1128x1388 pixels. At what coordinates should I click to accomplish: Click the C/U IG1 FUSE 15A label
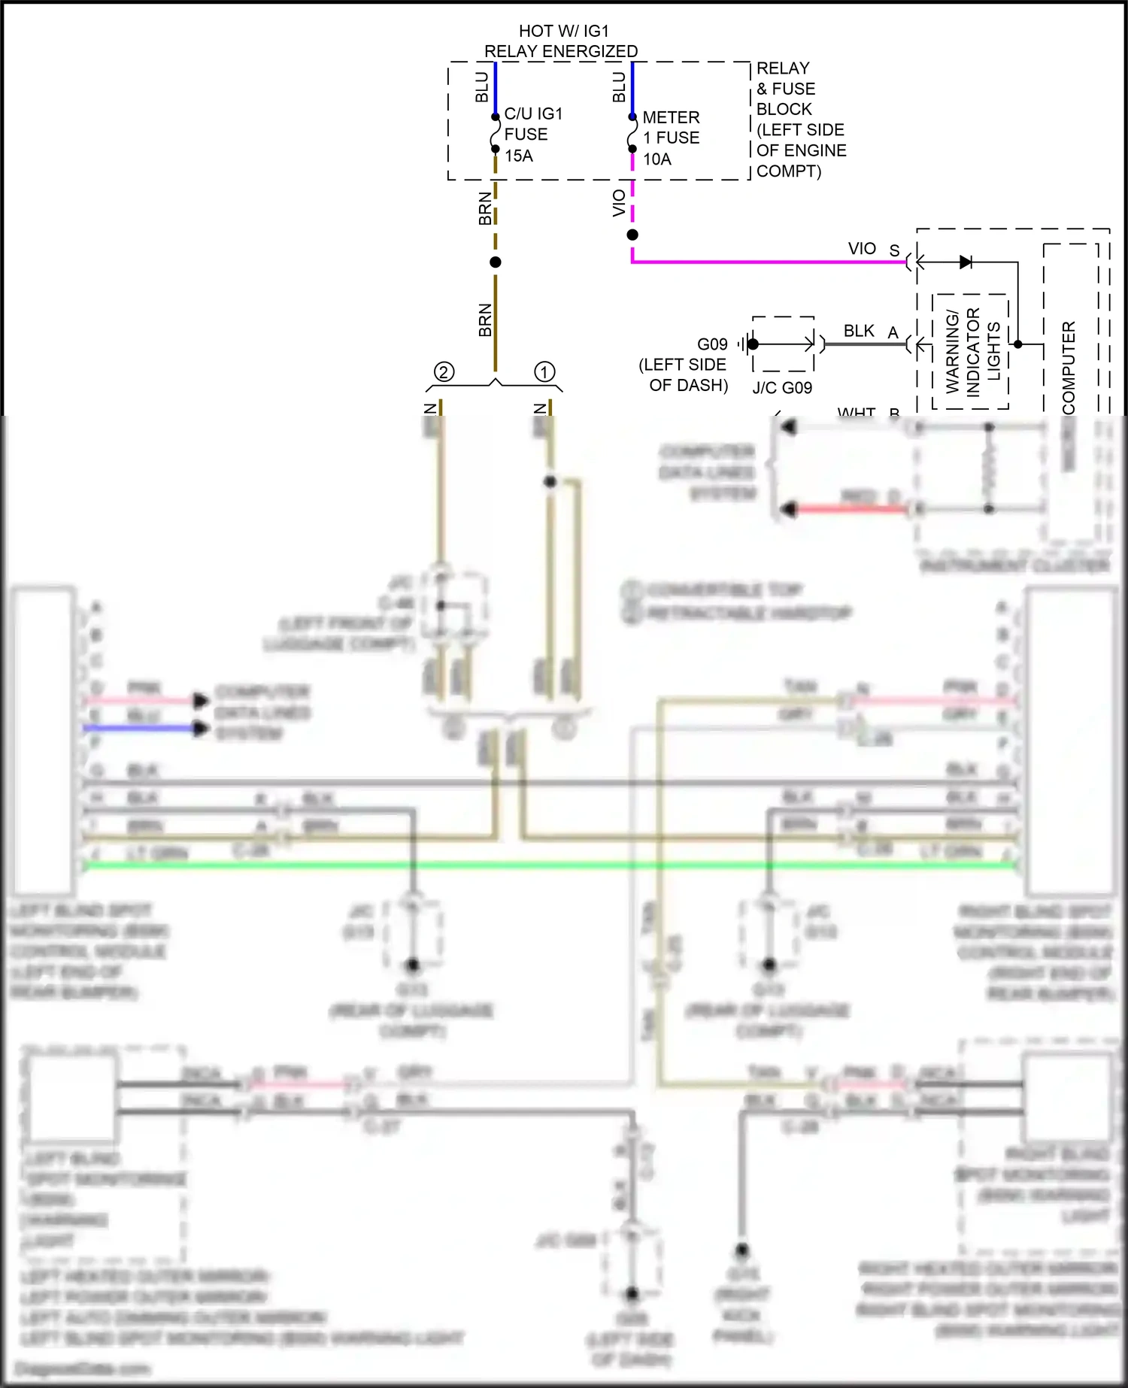point(532,135)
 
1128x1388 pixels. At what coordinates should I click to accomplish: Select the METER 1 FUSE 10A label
point(670,138)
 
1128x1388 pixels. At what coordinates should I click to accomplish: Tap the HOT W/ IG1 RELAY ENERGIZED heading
point(562,41)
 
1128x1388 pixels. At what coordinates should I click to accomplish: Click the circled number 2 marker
point(444,372)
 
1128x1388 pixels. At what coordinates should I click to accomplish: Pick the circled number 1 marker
point(544,371)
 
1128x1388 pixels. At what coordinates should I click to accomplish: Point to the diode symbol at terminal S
point(966,262)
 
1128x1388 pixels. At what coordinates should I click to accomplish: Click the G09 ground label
point(711,344)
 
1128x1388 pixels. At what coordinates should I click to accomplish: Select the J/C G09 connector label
point(782,388)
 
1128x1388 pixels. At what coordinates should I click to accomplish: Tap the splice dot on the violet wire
point(632,235)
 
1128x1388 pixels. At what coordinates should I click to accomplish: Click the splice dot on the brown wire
point(495,262)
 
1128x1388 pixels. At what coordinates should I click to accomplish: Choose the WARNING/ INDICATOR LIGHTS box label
point(972,351)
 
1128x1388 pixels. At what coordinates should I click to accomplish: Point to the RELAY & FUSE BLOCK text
point(800,120)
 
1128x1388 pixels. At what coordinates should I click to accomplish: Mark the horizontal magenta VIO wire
point(767,262)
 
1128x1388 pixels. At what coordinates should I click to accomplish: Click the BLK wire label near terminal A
point(858,331)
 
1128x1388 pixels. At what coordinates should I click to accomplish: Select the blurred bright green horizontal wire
point(549,865)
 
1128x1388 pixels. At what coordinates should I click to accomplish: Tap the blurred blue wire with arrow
point(139,728)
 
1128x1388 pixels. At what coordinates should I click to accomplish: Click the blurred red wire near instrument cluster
point(850,509)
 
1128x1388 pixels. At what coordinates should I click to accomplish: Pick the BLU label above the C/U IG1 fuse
point(482,87)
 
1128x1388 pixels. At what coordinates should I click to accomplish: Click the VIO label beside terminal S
point(861,248)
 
